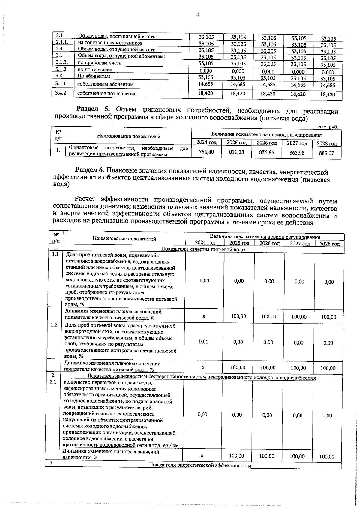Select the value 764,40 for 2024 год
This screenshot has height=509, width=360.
point(206,152)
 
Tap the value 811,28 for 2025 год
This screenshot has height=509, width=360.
point(236,152)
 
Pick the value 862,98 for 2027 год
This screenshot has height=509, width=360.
point(297,153)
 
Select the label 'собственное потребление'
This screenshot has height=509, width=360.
point(107,94)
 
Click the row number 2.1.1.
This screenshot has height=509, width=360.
point(62,43)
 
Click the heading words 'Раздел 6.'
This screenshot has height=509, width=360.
point(89,170)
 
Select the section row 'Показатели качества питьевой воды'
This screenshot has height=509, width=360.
point(203,249)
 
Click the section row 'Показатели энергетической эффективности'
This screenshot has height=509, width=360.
point(200,465)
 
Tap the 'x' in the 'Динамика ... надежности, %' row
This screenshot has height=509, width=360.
point(202,456)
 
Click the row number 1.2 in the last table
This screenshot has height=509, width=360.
point(54,325)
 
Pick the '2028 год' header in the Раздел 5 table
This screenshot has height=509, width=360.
point(327,144)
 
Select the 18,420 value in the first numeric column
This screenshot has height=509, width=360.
point(205,93)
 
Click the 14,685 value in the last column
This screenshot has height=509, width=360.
point(328,85)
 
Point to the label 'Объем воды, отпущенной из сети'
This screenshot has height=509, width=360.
point(117,50)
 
